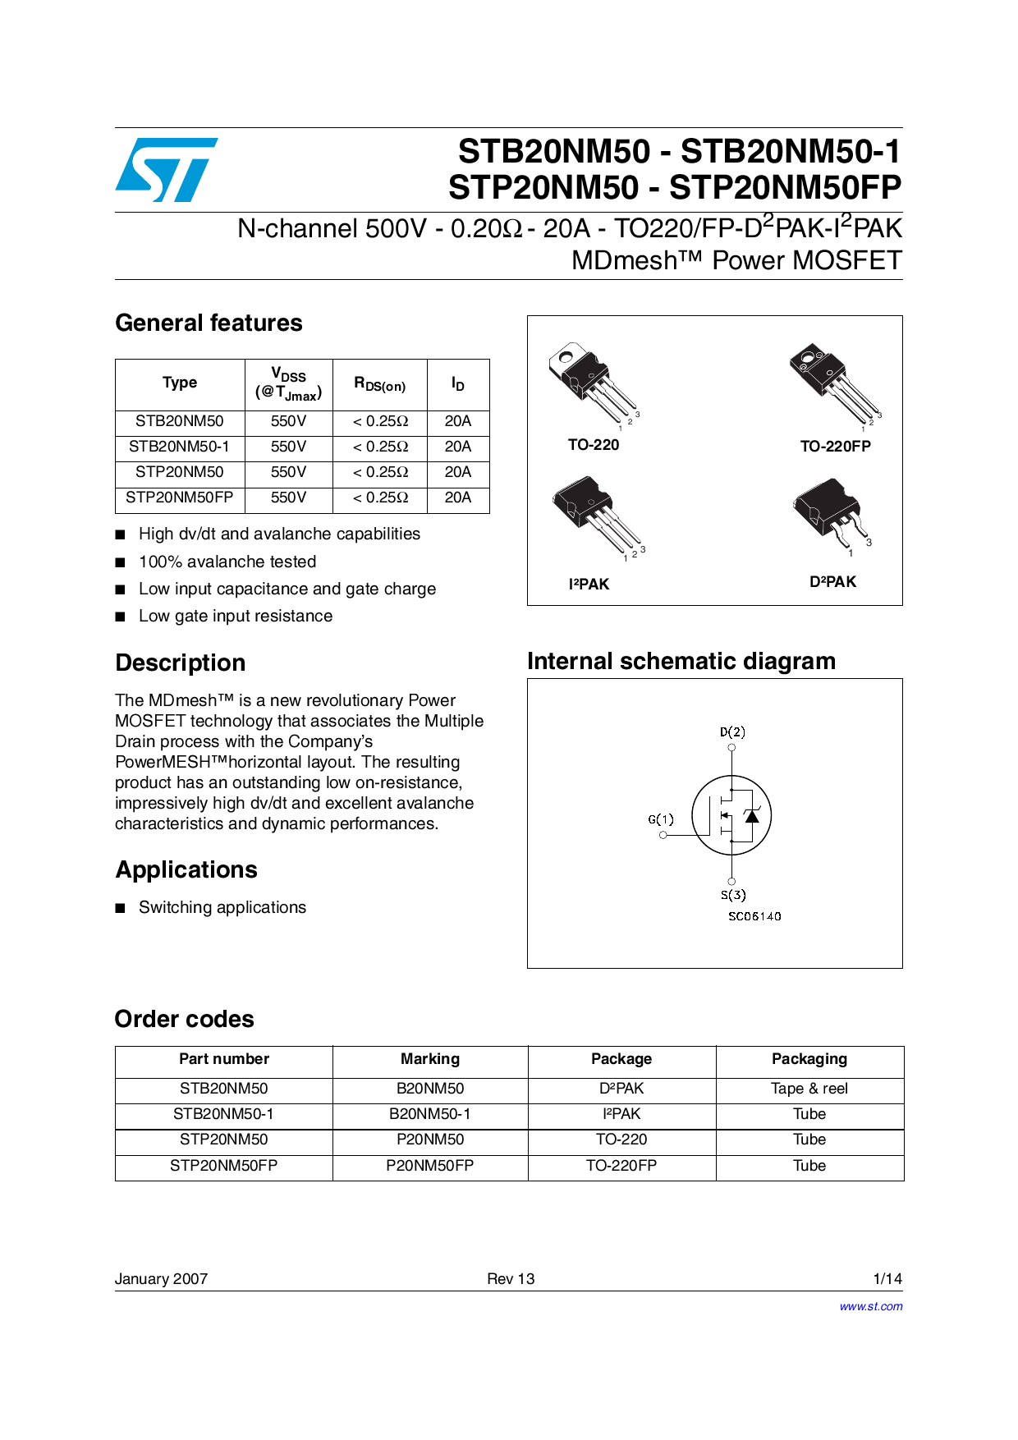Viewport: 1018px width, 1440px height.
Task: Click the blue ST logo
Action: (x=167, y=170)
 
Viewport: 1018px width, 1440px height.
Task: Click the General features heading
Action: (x=209, y=323)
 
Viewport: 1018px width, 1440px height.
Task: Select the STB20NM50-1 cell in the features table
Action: (x=179, y=447)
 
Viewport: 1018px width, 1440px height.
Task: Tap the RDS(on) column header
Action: (x=379, y=384)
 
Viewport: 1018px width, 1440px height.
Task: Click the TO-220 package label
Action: (x=594, y=445)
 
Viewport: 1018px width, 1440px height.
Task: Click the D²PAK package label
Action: (x=832, y=582)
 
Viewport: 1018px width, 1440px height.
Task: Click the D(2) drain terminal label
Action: (x=732, y=731)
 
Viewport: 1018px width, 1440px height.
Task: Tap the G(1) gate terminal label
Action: (x=661, y=819)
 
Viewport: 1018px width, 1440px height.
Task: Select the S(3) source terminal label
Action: (x=733, y=895)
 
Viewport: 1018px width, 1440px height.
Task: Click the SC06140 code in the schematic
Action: (x=754, y=916)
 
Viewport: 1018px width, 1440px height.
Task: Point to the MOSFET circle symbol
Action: (x=731, y=815)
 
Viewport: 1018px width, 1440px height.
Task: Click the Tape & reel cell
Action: (x=809, y=1089)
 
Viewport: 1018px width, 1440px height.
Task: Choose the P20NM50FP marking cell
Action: (x=429, y=1166)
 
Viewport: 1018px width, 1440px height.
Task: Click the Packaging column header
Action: (x=809, y=1059)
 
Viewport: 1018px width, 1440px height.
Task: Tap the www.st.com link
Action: (x=870, y=1306)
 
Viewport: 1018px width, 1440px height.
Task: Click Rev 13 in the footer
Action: (x=510, y=1278)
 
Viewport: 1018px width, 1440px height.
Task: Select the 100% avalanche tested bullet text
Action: (x=227, y=562)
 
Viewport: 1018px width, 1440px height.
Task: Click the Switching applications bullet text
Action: (x=222, y=907)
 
